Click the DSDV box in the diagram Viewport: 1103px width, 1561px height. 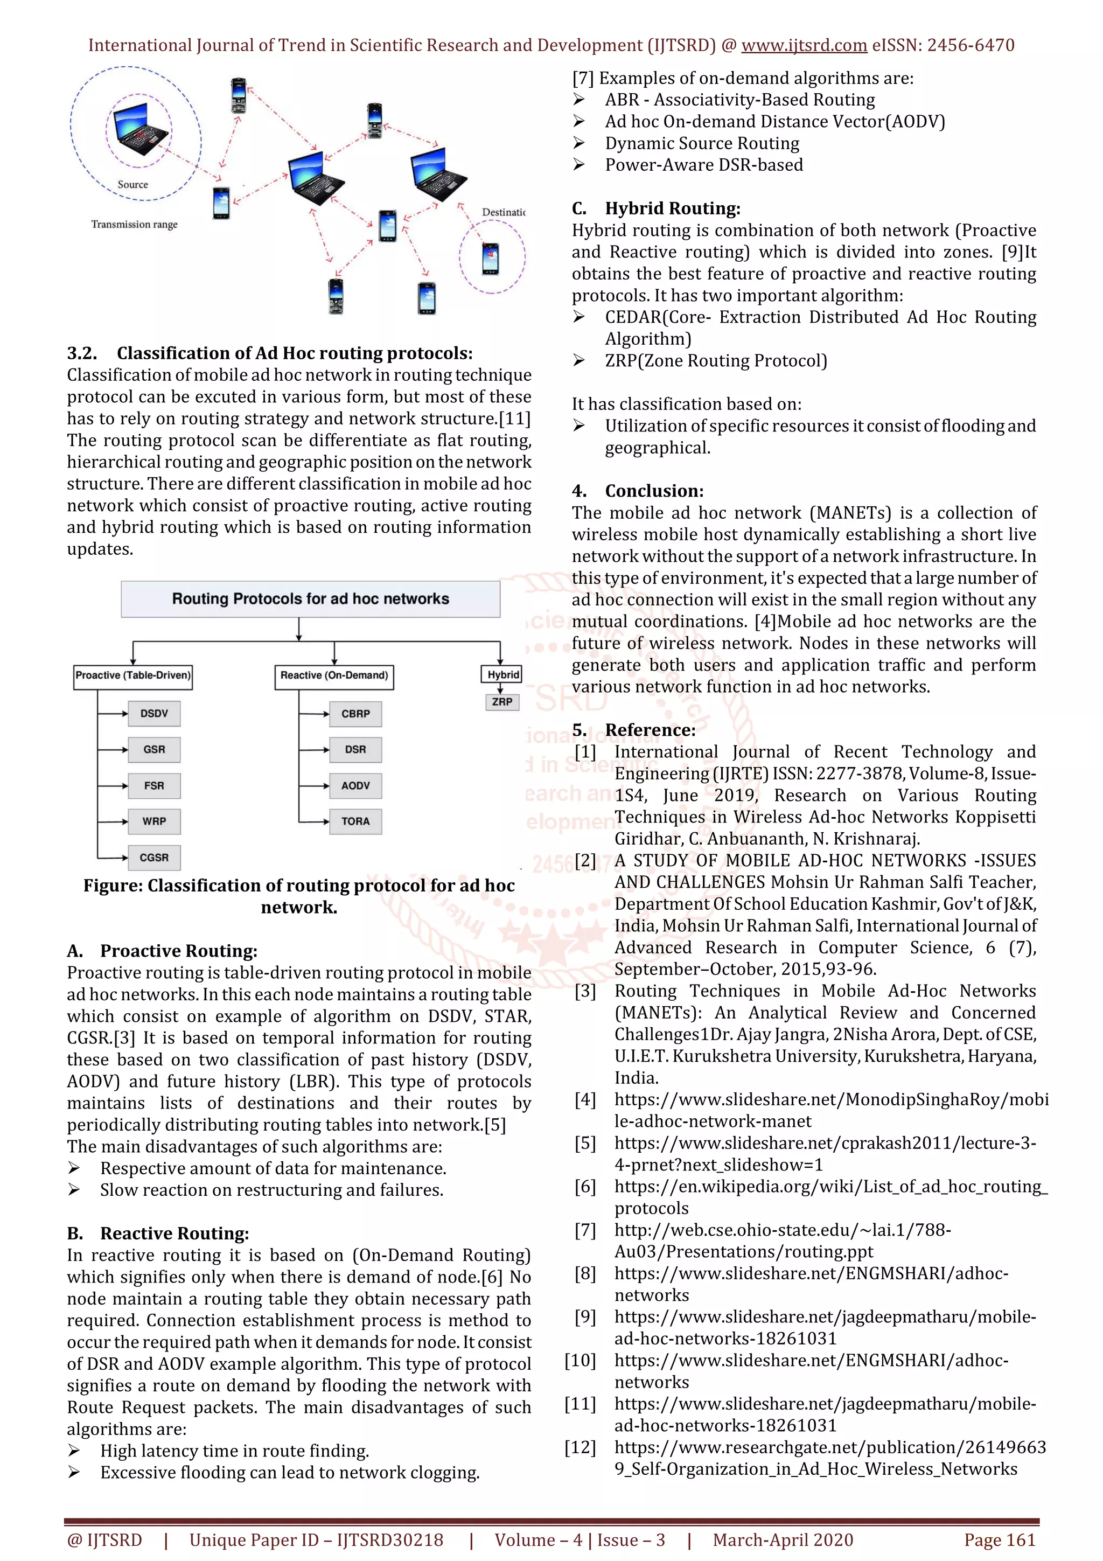[154, 713]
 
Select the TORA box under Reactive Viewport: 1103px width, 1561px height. [355, 821]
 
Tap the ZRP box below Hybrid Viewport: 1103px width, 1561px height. [502, 702]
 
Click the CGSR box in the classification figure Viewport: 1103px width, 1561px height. [154, 858]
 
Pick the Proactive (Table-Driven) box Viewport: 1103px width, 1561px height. [133, 676]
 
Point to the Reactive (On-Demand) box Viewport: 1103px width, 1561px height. [334, 676]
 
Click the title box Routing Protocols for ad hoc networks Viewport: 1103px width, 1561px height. [311, 599]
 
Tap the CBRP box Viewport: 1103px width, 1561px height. [355, 714]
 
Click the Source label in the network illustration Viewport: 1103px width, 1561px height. [132, 184]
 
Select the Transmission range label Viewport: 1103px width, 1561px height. [135, 225]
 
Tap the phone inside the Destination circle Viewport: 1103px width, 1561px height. [490, 257]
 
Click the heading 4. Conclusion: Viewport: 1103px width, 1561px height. [638, 491]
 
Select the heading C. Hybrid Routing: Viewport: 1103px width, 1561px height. [657, 208]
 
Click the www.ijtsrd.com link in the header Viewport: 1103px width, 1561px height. [804, 46]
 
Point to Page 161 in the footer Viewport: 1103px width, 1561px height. [999, 1540]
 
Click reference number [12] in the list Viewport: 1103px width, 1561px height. [580, 1447]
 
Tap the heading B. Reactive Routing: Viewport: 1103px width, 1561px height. [158, 1234]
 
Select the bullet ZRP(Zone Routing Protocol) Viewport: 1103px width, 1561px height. [716, 360]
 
